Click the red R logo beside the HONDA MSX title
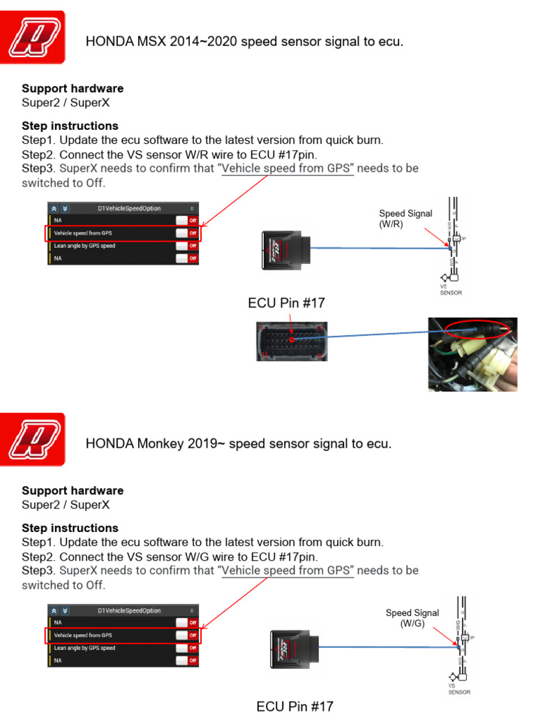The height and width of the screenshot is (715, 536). (36, 37)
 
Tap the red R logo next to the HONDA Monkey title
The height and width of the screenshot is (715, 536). (36, 439)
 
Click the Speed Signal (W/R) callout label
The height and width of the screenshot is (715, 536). (405, 219)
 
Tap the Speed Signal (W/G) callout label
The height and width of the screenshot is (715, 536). (412, 618)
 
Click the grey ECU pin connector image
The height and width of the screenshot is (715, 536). (291, 341)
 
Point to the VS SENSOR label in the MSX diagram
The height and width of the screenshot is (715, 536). (450, 289)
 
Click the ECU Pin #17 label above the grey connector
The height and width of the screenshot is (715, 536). (286, 303)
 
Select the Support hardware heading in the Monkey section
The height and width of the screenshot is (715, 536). (73, 491)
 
